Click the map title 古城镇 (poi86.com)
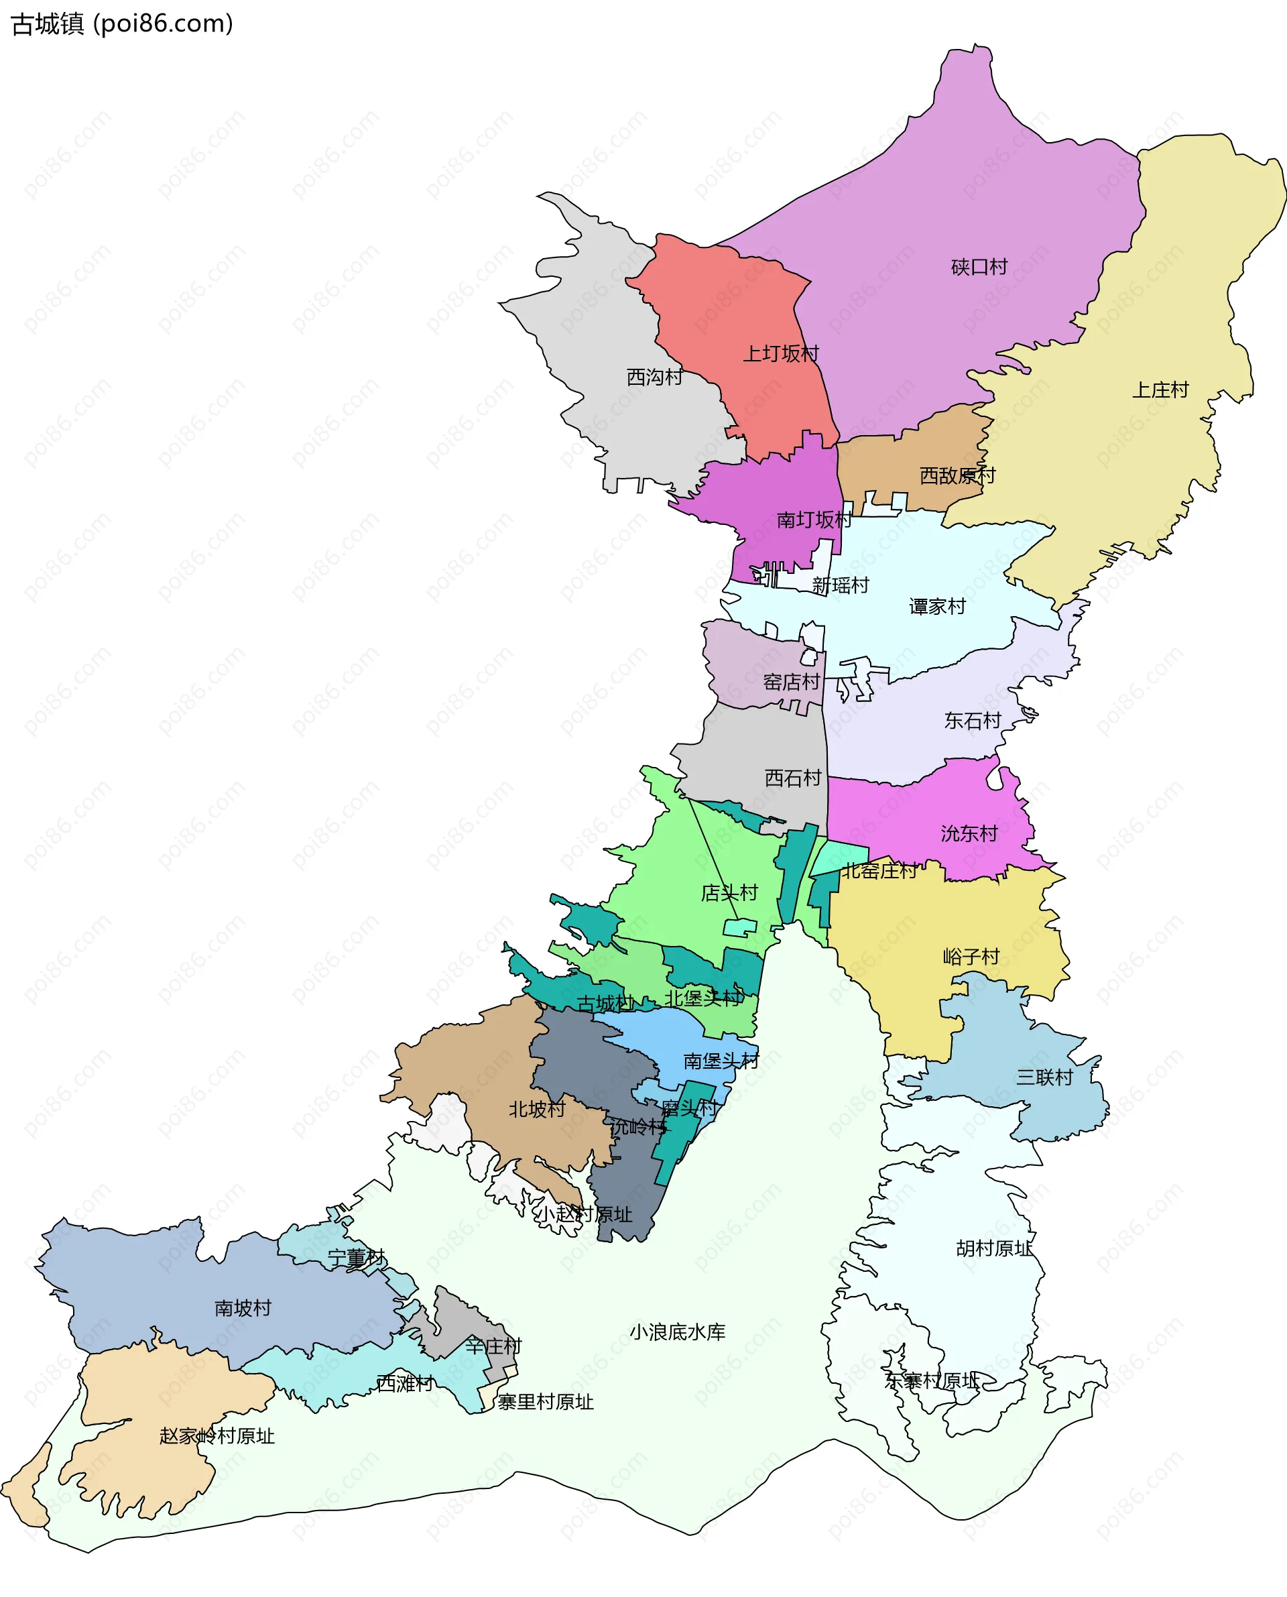click(122, 24)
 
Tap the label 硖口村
click(979, 267)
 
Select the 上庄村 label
click(1160, 390)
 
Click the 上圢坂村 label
click(781, 353)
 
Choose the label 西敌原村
click(957, 475)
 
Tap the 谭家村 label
click(937, 607)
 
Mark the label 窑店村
click(792, 682)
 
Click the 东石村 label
click(972, 721)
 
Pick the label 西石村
click(792, 778)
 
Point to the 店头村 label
click(729, 892)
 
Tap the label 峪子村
click(971, 957)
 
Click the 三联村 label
click(1044, 1077)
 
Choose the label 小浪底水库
click(677, 1332)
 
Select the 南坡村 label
click(243, 1308)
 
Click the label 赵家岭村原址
click(217, 1436)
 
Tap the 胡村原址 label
click(993, 1248)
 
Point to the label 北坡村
click(537, 1109)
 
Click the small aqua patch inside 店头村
click(739, 927)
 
